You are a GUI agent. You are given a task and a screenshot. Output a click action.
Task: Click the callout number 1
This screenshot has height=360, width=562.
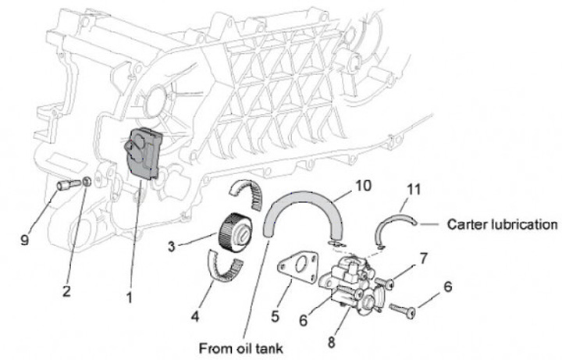tap(129, 297)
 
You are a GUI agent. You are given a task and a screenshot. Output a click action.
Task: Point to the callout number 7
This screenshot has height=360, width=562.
tap(424, 256)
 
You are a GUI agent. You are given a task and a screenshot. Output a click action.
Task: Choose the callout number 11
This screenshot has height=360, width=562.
tap(414, 188)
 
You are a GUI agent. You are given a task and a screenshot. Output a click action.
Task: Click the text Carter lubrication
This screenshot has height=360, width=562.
tap(502, 225)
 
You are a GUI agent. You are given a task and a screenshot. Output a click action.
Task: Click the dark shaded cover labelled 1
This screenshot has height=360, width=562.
tap(142, 153)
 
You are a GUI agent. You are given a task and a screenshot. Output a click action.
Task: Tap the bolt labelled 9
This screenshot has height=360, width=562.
tap(66, 186)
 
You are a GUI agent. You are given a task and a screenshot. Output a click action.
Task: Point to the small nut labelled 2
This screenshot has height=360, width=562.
tap(87, 182)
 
